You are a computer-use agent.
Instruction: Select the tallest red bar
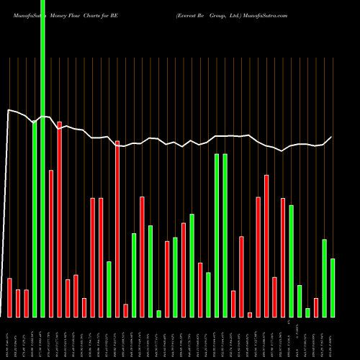point(59,220)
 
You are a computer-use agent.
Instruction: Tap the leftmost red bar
point(10,297)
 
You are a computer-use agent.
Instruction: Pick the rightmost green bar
point(333,288)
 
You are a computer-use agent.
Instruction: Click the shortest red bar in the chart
point(250,315)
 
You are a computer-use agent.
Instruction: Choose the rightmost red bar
point(316,307)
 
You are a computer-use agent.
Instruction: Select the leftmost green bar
point(35,220)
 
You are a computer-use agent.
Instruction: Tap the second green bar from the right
point(325,278)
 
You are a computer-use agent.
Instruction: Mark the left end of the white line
point(7,110)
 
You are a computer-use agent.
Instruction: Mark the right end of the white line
point(332,137)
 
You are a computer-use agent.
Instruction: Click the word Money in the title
point(59,15)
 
